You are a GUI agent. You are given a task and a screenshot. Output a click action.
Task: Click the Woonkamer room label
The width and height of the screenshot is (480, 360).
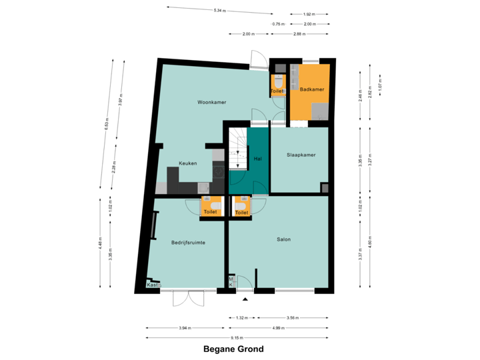tap(211, 102)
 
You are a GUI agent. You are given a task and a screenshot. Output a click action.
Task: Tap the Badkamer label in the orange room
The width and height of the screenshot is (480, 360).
tap(312, 89)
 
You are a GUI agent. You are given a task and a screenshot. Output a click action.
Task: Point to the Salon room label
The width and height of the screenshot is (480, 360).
tap(284, 239)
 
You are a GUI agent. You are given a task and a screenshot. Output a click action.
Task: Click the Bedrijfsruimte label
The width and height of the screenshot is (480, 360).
tap(188, 243)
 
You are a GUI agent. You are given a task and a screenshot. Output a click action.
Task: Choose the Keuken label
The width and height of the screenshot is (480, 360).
tap(187, 163)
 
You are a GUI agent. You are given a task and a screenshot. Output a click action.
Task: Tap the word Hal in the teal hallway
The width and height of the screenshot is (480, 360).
tap(257, 159)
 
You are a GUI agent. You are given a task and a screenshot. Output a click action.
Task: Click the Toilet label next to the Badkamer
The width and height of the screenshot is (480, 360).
tap(277, 91)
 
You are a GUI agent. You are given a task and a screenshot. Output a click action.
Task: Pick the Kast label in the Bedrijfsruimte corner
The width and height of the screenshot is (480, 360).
tap(152, 285)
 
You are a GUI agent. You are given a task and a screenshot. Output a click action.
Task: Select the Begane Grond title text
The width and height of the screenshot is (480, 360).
tap(234, 349)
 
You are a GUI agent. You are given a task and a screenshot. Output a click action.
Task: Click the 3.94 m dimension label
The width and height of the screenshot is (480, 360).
tap(185, 327)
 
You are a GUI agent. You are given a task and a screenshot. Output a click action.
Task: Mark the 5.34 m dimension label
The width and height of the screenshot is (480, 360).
tap(218, 11)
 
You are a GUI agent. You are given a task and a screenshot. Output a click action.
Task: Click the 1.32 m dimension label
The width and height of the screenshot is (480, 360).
tap(242, 317)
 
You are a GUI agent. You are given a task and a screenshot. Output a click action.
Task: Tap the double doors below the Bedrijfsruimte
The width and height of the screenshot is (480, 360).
tap(188, 300)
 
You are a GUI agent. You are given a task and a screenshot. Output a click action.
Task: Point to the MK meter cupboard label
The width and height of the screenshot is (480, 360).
tap(231, 282)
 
